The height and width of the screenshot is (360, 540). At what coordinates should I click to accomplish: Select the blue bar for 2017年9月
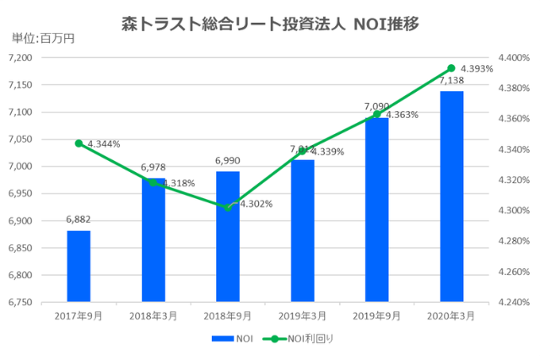point(78,266)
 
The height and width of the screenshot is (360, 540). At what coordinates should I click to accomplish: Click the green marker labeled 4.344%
point(78,143)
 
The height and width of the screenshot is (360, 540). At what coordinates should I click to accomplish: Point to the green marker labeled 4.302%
point(228,207)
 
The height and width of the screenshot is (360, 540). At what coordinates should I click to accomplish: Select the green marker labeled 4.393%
point(451,68)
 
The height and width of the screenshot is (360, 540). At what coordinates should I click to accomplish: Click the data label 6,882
point(78,220)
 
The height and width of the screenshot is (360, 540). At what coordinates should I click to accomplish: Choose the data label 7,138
point(451,81)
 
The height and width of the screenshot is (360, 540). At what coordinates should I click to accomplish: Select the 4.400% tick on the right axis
point(514,57)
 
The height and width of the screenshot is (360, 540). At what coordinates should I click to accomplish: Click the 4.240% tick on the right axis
point(514,302)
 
